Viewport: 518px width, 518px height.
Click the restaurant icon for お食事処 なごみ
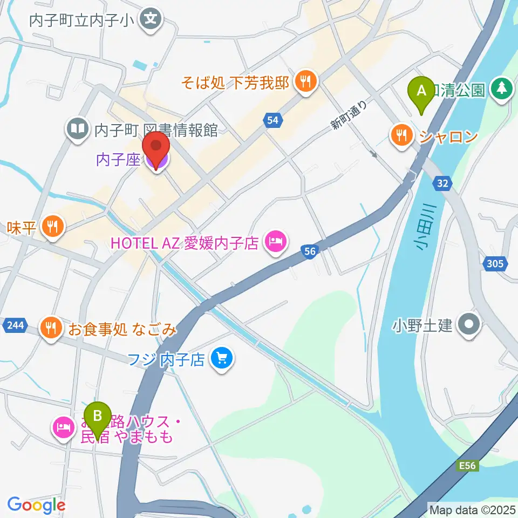[51, 329]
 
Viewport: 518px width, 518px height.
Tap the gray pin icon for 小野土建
[468, 325]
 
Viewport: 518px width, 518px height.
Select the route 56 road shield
[309, 251]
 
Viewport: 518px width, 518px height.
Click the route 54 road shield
[272, 121]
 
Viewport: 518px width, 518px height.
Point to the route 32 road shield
[442, 184]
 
